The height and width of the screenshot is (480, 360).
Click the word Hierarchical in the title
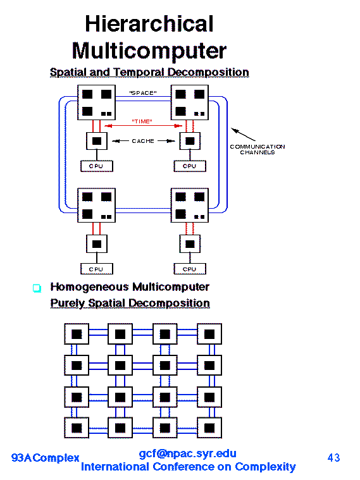click(x=149, y=23)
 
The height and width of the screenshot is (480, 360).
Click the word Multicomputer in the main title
click(x=149, y=51)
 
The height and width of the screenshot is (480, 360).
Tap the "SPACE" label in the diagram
click(x=143, y=93)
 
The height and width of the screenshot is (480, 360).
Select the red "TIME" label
click(x=142, y=121)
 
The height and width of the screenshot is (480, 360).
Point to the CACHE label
click(x=143, y=141)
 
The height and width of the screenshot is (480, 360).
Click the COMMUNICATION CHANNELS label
click(x=258, y=149)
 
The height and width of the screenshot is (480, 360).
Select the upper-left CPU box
click(x=97, y=166)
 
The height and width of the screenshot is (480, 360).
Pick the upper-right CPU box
click(x=190, y=166)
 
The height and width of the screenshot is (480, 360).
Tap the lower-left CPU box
click(x=97, y=269)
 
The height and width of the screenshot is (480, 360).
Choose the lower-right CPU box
click(x=190, y=269)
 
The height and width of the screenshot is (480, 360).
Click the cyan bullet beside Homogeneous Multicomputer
click(x=37, y=288)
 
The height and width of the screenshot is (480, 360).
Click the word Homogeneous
click(x=89, y=287)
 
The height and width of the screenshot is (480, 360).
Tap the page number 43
click(x=333, y=458)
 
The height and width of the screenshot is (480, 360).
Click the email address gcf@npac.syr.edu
click(x=187, y=453)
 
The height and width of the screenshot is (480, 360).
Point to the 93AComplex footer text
click(x=46, y=458)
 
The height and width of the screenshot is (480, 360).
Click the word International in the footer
click(x=115, y=467)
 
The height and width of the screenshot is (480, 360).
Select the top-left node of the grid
click(x=77, y=334)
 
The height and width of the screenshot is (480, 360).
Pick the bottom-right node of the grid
click(x=209, y=428)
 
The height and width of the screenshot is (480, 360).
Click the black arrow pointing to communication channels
click(x=243, y=135)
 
